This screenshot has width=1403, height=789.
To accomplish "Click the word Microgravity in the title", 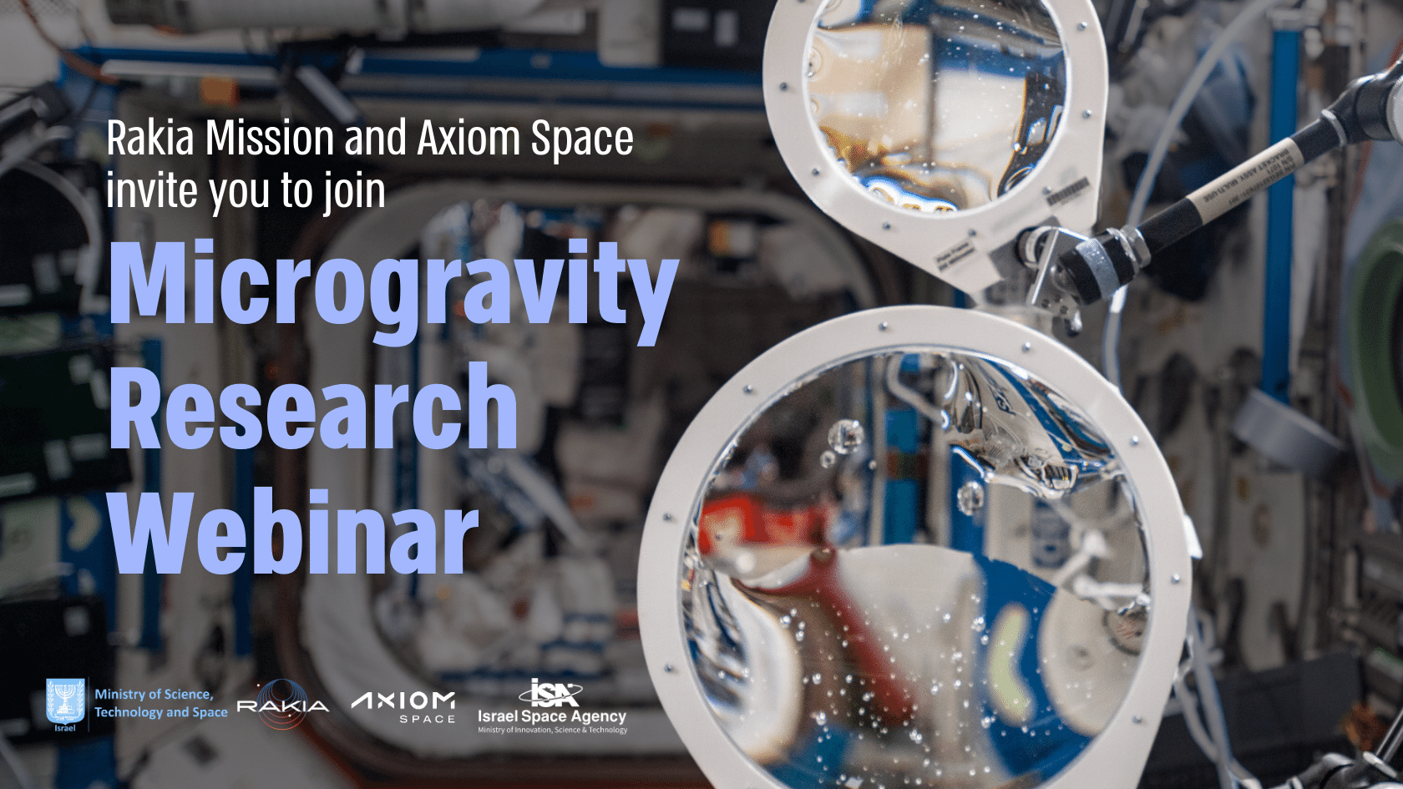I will (x=393, y=284).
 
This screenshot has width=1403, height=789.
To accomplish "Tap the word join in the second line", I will (x=356, y=193).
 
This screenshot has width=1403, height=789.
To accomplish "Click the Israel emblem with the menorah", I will (x=65, y=702).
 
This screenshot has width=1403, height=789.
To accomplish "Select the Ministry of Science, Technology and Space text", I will (x=160, y=703).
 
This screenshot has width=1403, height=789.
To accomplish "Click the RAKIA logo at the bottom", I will (x=283, y=705).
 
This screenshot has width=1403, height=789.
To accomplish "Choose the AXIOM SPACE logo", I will (x=404, y=706).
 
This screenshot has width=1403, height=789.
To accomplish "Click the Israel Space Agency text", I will (x=552, y=716).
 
